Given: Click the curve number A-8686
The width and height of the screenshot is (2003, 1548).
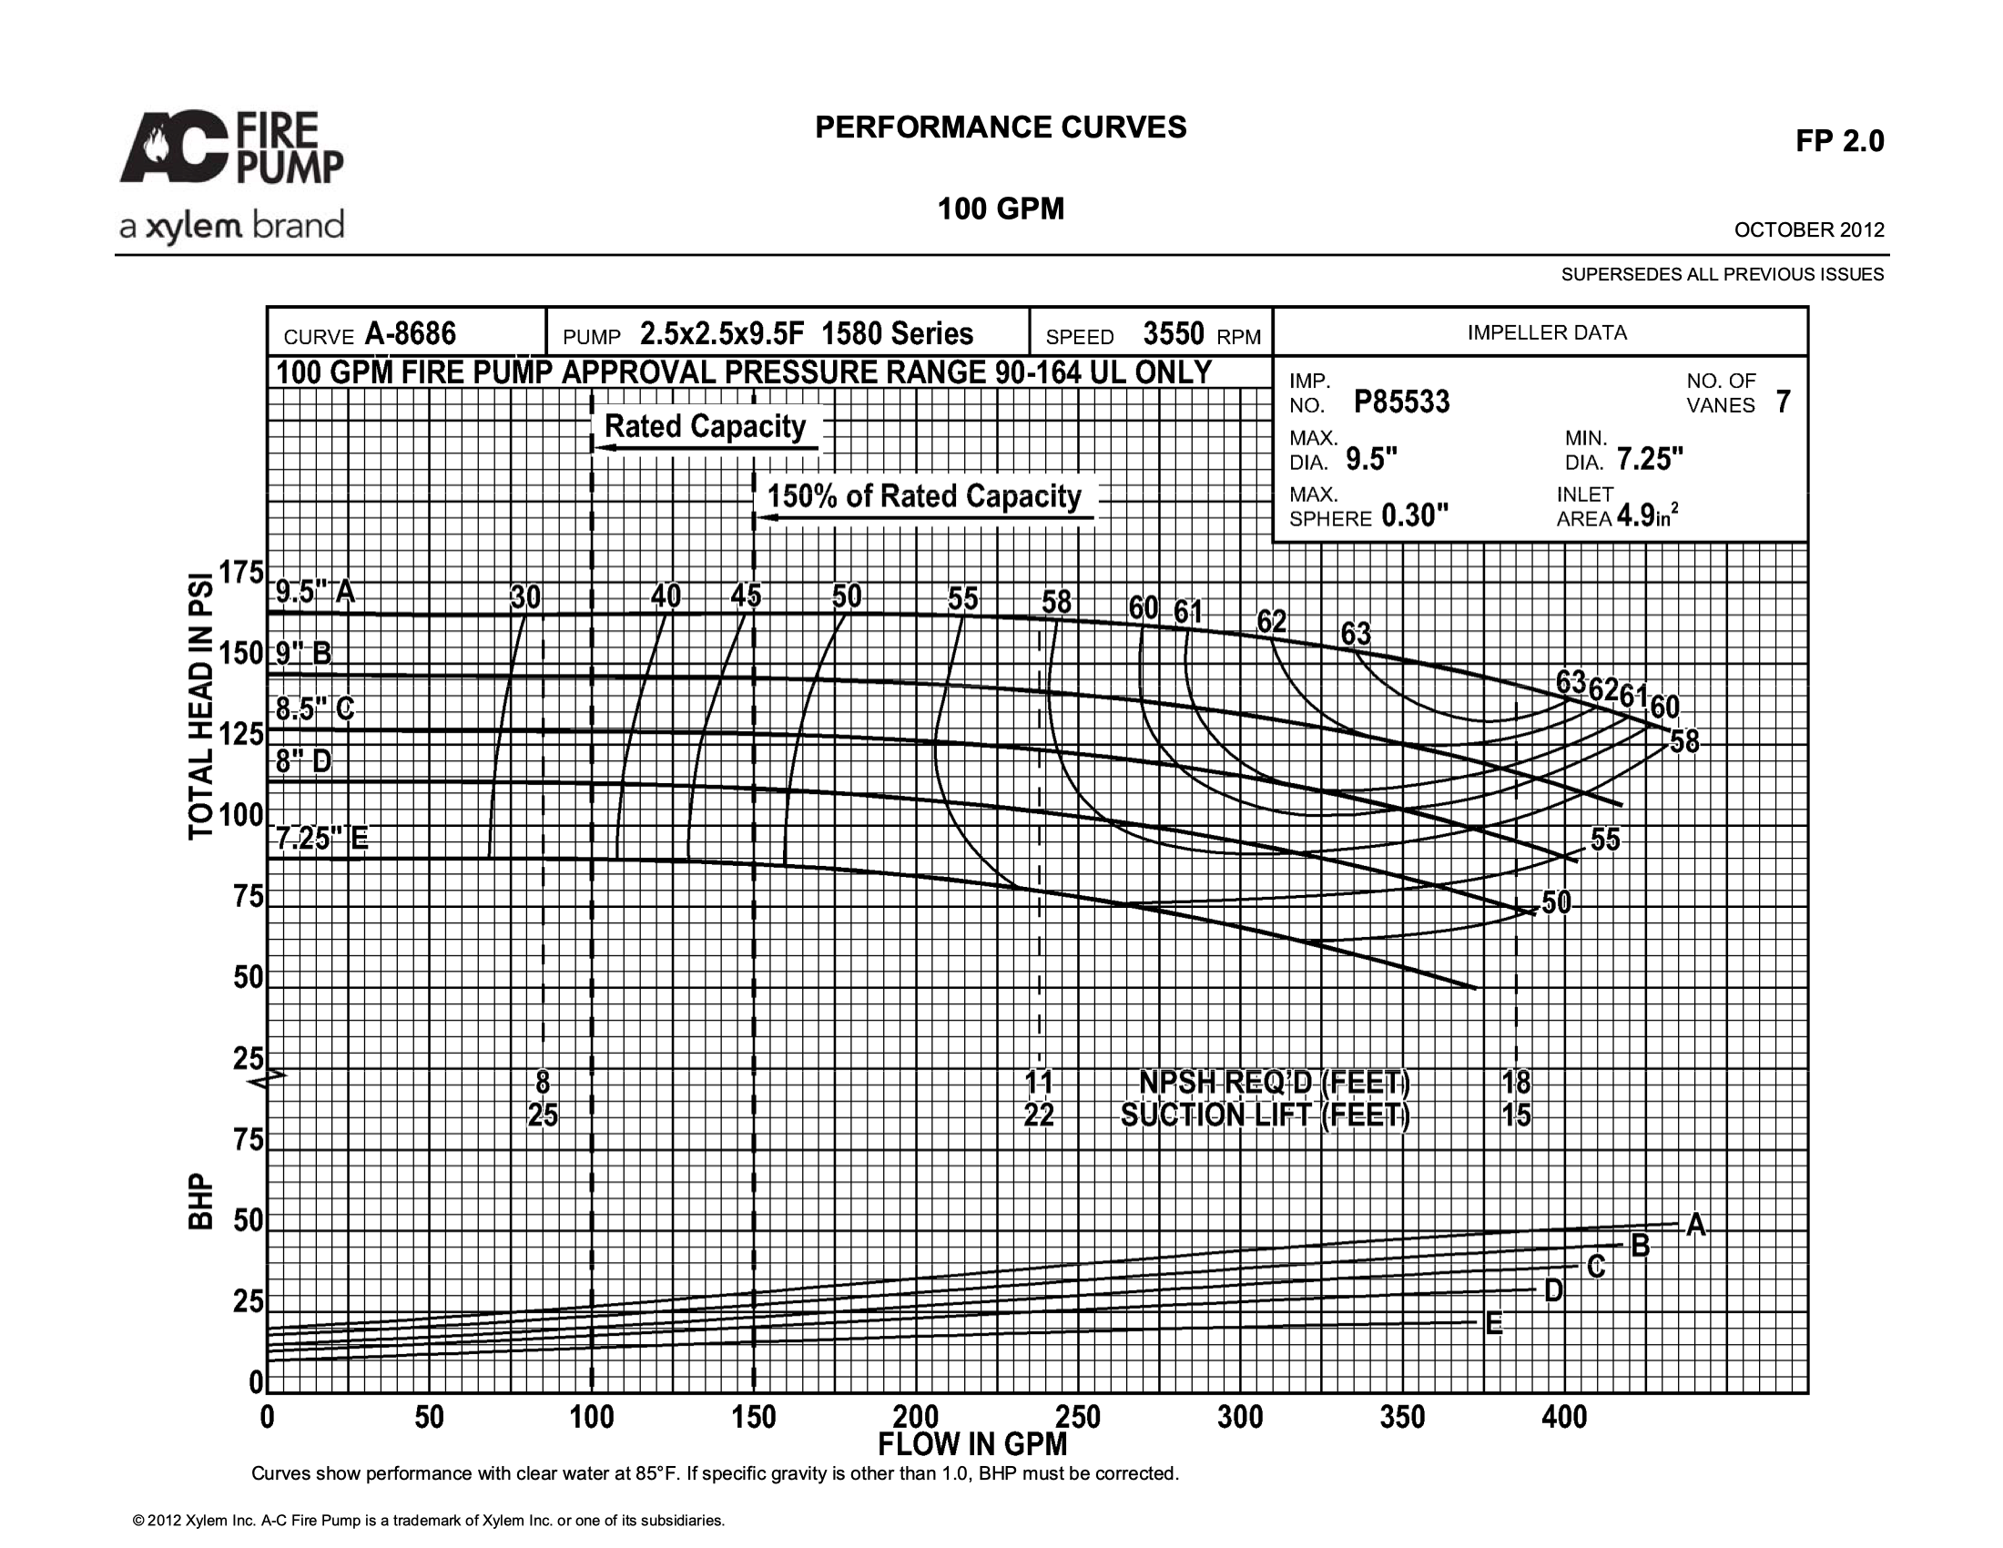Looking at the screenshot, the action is tap(410, 334).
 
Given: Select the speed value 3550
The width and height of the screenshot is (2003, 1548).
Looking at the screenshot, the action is tap(1173, 334).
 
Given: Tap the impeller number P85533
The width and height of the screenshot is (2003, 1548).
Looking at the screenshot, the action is tap(1401, 402).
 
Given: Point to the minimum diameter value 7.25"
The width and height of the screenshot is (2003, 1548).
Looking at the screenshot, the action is tap(1650, 459).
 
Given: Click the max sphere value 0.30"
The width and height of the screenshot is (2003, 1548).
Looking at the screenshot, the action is tap(1414, 515).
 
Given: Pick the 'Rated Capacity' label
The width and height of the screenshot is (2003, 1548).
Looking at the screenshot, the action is tap(705, 426).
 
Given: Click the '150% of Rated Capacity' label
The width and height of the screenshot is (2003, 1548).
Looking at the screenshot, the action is tap(924, 496).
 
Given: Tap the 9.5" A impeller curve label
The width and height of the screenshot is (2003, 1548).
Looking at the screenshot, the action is tap(316, 592).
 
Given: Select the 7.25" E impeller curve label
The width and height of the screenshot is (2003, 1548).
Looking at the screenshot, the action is tap(322, 838).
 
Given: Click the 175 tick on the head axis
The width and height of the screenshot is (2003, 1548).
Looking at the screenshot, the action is tap(241, 573).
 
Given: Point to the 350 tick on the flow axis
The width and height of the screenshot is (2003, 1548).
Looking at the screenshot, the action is tap(1402, 1417).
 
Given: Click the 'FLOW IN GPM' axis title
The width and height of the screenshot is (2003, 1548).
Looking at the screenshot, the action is tap(972, 1444).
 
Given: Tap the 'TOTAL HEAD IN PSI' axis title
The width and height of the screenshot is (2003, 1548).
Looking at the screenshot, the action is tap(201, 706).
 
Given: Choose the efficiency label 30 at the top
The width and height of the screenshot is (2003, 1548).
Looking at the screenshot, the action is tap(525, 598).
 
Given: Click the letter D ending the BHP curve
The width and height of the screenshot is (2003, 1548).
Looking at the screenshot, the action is tap(1553, 1291).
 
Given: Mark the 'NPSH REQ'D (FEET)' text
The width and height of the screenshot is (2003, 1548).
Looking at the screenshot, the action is tap(1274, 1082).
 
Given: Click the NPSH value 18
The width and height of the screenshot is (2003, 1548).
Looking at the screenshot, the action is tap(1516, 1082).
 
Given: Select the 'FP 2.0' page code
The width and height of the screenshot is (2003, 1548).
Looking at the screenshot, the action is tap(1840, 141).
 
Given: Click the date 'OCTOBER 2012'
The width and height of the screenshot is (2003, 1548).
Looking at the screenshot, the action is tap(1809, 230).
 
